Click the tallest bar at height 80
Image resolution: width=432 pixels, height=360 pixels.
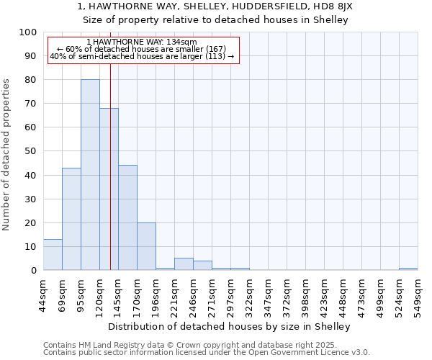click(x=90, y=175)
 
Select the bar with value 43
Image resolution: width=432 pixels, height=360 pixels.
click(x=71, y=219)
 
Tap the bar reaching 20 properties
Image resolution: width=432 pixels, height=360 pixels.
click(x=146, y=246)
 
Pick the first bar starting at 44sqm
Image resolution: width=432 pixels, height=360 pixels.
click(x=53, y=255)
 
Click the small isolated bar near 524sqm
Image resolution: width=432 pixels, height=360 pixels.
click(x=408, y=269)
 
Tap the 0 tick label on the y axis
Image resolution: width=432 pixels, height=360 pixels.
click(x=33, y=271)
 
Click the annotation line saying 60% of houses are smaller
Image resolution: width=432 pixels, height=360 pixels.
click(x=142, y=49)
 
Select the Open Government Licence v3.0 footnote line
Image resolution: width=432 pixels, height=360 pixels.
click(x=206, y=352)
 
